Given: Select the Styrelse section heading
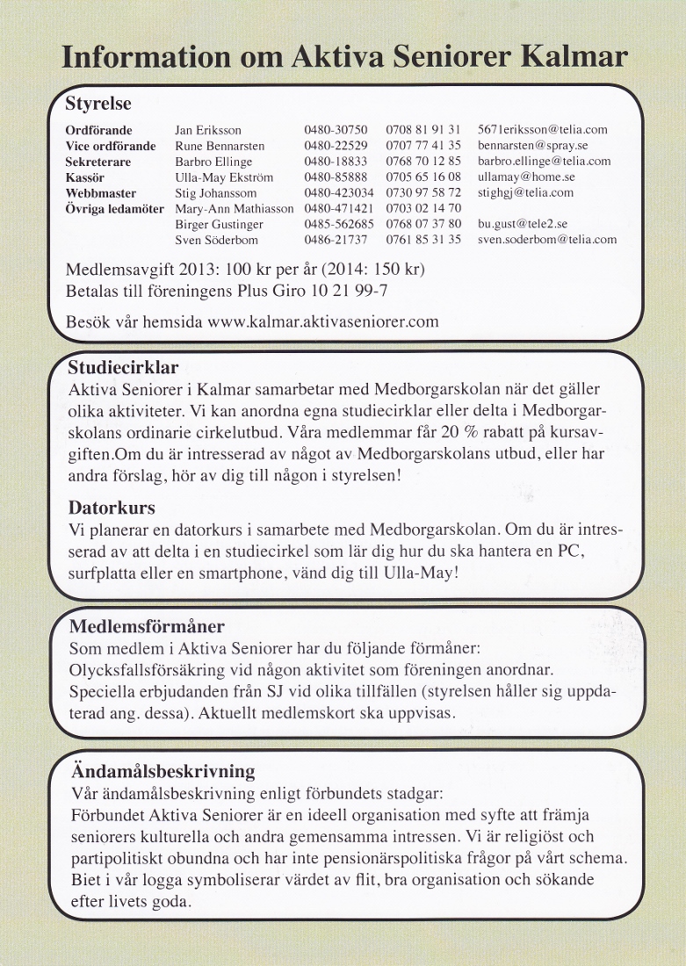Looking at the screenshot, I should coord(98,104).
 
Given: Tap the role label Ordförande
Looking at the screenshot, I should coord(98,130).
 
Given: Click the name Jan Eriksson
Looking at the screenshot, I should coord(208,130).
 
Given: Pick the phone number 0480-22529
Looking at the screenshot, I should coord(336,146).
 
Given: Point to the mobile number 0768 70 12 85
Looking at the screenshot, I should coord(423,162).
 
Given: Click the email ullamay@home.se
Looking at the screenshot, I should coord(526,177).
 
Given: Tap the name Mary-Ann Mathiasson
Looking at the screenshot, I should coord(235,208).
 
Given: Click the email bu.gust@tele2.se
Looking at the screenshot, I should coord(523,224).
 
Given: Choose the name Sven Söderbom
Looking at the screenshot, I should coord(215,240).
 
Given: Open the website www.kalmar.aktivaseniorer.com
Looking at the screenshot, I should coord(322,321).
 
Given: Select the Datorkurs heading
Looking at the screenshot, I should coord(112,508).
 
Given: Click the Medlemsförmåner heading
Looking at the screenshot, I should coord(147,627).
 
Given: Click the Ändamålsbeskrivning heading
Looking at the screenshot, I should coord(162,772).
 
